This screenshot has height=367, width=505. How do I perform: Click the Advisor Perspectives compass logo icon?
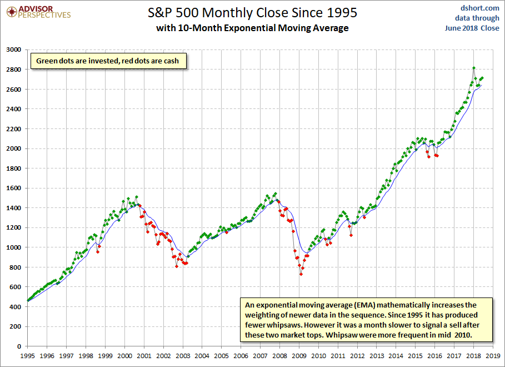(x=12, y=12)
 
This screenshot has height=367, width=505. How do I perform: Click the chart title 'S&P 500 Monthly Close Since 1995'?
(x=252, y=13)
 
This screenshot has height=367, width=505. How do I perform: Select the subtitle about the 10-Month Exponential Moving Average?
(x=252, y=28)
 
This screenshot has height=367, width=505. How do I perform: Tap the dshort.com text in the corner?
(x=479, y=8)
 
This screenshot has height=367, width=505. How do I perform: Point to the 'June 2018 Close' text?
(x=472, y=28)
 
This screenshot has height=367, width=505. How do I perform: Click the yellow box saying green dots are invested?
(x=108, y=61)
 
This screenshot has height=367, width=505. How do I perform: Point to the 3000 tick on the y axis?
(x=13, y=49)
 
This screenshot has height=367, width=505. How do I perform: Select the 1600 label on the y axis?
(x=13, y=188)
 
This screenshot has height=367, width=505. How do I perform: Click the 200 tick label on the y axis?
(x=16, y=326)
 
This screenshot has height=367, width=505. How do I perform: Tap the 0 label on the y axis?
(x=19, y=346)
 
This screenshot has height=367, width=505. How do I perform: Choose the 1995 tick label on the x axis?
(x=27, y=356)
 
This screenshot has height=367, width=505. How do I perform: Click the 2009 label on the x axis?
(x=299, y=356)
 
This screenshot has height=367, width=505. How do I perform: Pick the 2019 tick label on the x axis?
(x=493, y=356)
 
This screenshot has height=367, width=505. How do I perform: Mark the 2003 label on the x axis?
(x=183, y=356)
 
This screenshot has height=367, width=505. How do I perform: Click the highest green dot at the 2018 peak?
(x=474, y=68)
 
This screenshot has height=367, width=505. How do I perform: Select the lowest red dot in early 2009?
(x=301, y=274)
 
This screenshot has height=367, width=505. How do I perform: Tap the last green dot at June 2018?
(x=482, y=78)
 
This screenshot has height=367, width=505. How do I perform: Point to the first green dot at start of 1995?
(x=28, y=300)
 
